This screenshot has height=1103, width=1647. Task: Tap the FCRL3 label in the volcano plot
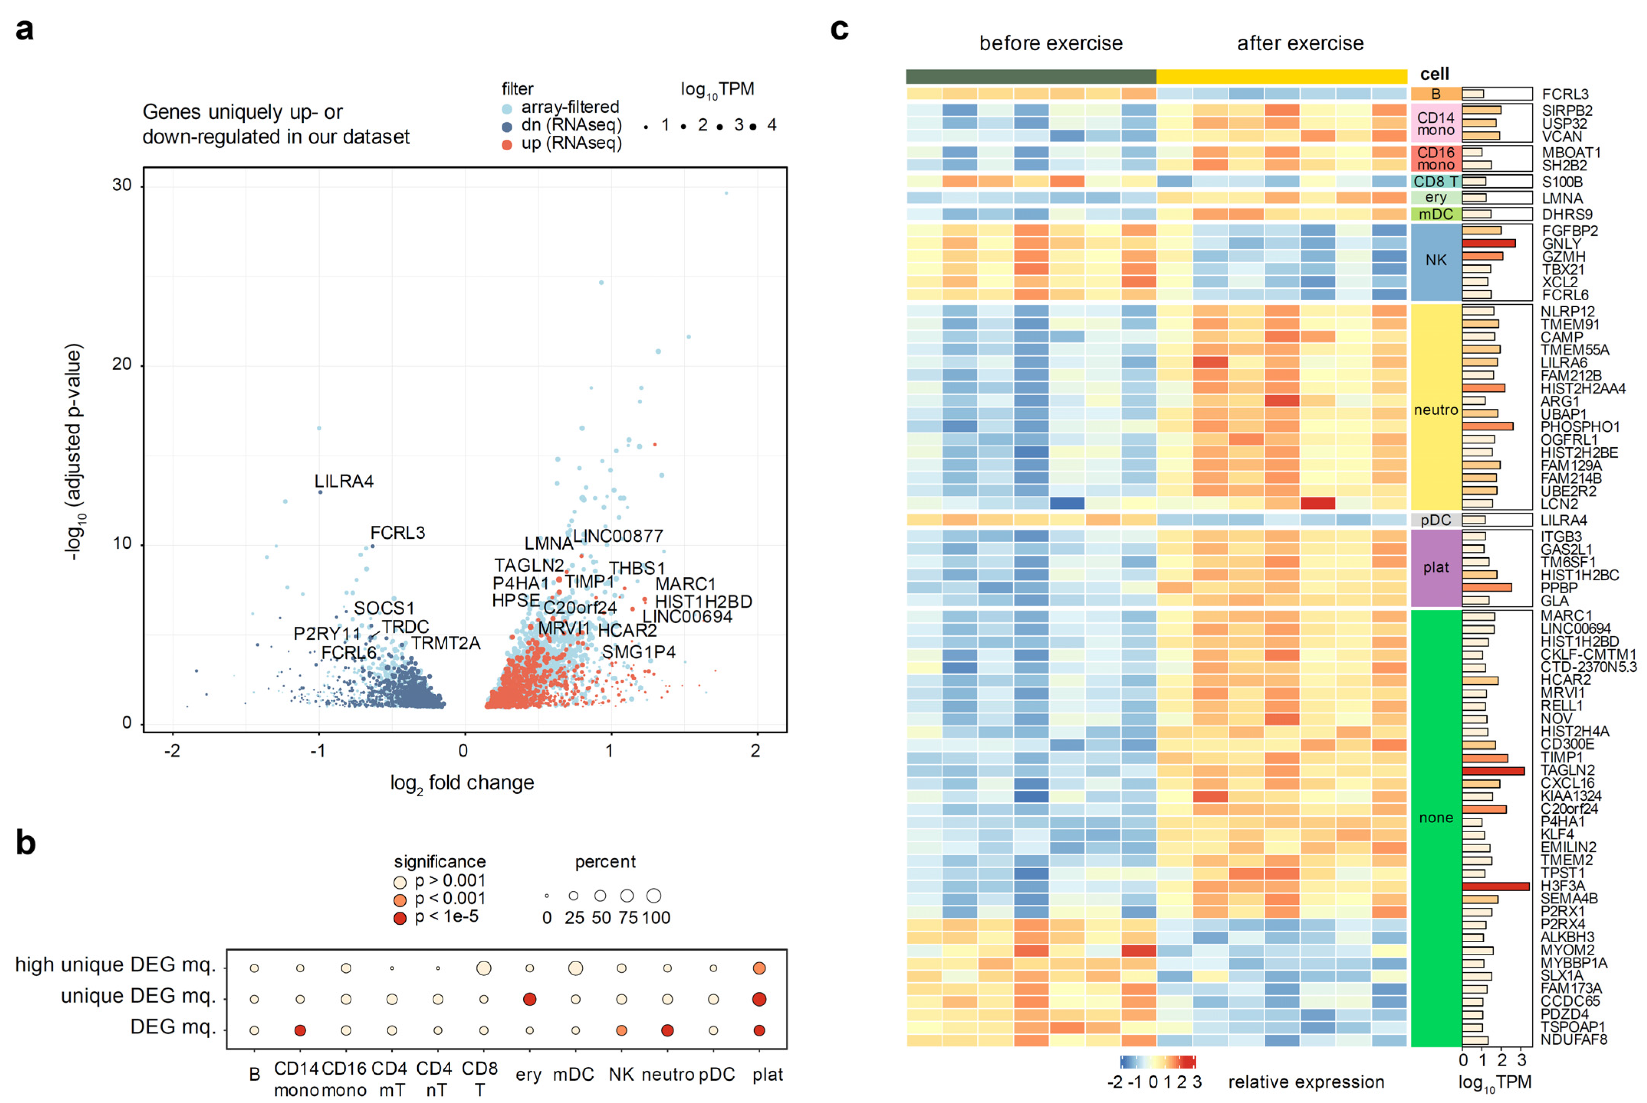click(397, 533)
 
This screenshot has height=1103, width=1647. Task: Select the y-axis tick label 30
click(122, 185)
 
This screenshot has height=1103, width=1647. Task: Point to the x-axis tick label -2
click(172, 751)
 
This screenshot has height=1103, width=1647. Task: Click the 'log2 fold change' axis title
click(462, 783)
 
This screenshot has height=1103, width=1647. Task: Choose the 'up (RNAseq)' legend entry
click(571, 143)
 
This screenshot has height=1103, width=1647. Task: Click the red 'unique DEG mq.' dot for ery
click(530, 999)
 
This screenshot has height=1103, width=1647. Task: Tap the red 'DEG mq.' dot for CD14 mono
click(300, 1031)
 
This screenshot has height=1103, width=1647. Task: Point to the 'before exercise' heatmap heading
click(1051, 44)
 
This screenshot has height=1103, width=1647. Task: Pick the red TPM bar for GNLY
click(1488, 244)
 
